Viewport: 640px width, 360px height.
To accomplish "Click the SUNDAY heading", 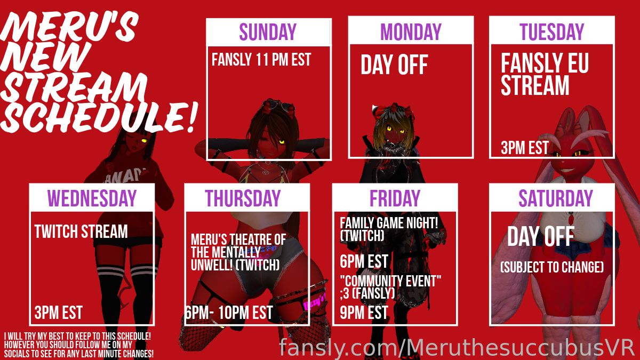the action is tap(267, 31).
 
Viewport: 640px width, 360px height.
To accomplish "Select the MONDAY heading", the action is tap(411, 31).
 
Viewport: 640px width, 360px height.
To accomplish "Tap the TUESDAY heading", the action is tap(552, 31).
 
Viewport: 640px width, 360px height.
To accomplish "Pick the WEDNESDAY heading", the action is tap(92, 198).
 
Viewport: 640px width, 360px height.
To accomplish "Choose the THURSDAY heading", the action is tap(243, 198).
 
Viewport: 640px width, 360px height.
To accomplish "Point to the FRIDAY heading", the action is tap(395, 198).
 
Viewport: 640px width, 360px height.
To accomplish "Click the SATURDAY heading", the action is tap(556, 198).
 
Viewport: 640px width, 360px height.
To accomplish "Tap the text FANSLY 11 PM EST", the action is tap(261, 60).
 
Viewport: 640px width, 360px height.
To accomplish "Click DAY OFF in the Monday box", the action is tap(394, 65).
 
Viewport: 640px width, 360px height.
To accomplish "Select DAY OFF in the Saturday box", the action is tap(541, 236).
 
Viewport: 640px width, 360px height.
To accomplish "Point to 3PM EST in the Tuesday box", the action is tap(525, 148).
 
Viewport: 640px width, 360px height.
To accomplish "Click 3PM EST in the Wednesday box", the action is tap(58, 313).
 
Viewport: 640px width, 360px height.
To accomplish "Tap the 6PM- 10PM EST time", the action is tap(229, 313).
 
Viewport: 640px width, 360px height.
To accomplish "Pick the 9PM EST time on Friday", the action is tap(364, 313).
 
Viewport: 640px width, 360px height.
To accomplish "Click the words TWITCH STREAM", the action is tap(81, 231).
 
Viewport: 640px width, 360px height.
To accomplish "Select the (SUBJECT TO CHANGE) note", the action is tap(552, 267).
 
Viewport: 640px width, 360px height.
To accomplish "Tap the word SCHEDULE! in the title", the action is tap(99, 117).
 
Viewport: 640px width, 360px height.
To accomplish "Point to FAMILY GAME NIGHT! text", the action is tap(389, 223).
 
